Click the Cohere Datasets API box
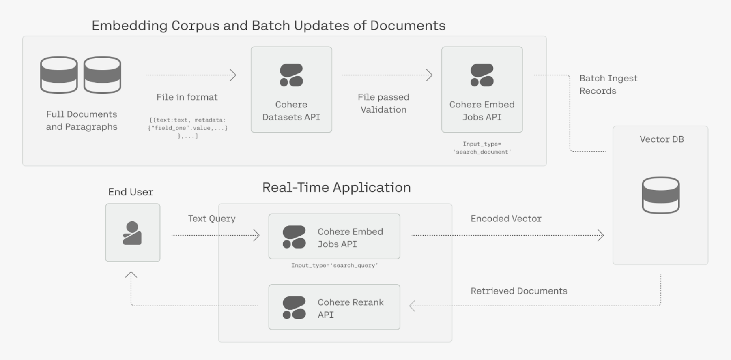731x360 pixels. point(291,90)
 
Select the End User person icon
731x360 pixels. point(132,233)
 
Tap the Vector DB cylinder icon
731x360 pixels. point(660,195)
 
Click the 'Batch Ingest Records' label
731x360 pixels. point(608,84)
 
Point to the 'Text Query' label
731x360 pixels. point(211,219)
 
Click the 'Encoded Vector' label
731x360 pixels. point(505,219)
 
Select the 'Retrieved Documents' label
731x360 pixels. point(518,291)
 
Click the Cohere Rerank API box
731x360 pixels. point(334,307)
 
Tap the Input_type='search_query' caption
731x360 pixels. point(334,265)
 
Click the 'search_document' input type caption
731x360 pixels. point(482,148)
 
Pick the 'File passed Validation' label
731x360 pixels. point(383,103)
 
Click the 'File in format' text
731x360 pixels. point(187,97)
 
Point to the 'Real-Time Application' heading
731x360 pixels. point(336,187)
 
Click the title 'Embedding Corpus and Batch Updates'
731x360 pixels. point(268,26)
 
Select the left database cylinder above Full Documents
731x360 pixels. point(59,75)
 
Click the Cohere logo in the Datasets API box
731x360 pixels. point(291,75)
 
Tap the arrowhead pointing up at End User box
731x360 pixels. point(131,275)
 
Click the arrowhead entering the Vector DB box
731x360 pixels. point(601,235)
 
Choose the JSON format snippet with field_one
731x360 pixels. point(187,128)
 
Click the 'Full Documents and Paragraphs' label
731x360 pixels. point(82,120)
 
